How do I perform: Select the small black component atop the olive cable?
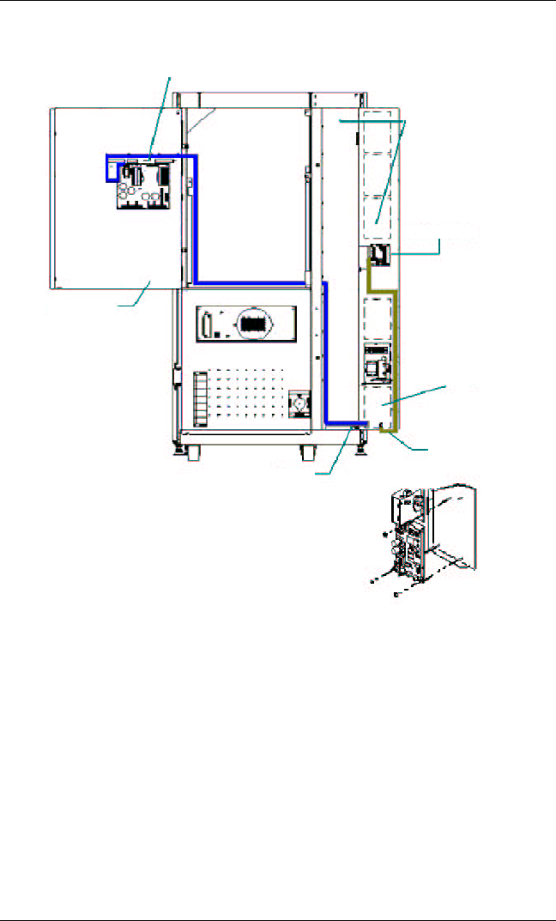coord(378,255)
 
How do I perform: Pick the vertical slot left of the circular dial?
coord(207,326)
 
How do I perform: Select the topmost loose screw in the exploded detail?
coord(384,535)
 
